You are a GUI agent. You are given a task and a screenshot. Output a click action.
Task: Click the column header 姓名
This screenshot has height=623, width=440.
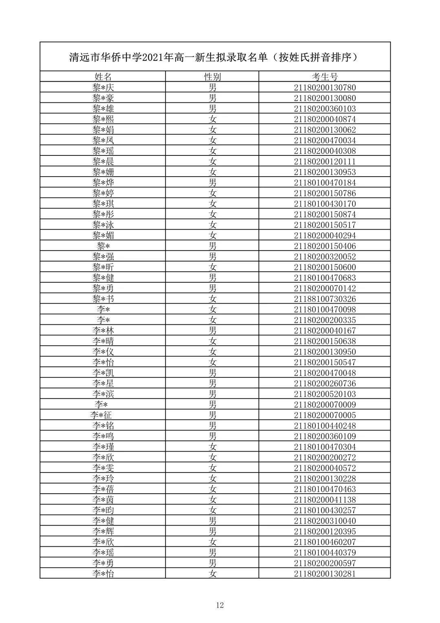point(103,77)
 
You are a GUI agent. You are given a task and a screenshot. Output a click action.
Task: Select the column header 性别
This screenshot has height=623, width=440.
point(212,77)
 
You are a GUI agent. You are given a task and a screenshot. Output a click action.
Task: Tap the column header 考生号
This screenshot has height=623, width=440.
point(325,77)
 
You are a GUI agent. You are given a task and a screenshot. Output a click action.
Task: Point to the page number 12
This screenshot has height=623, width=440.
point(220,605)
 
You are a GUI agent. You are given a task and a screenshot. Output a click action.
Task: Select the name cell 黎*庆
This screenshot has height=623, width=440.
point(103,87)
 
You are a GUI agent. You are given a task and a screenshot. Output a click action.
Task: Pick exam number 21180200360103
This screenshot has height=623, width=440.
point(325,109)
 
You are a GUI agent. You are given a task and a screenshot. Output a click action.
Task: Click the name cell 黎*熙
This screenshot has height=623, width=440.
point(103,119)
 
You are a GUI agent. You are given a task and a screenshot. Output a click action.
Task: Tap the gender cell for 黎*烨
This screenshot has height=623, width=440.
point(212,182)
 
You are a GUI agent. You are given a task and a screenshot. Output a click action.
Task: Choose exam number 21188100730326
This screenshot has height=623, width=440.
point(325,299)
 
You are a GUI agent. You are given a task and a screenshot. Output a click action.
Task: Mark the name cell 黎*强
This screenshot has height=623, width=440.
point(103,257)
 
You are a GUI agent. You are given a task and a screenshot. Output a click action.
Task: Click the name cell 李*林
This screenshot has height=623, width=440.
point(103,330)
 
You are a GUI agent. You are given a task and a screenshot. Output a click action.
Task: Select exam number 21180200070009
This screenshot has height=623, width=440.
point(325,405)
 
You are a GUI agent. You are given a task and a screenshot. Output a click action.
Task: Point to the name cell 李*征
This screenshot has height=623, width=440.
point(101,415)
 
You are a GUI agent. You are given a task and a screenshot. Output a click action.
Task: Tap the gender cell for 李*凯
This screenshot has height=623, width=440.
point(212,373)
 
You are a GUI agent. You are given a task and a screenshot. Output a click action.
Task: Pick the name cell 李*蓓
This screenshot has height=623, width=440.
point(103,489)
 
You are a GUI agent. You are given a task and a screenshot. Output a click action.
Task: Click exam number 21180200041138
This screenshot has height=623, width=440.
point(325,500)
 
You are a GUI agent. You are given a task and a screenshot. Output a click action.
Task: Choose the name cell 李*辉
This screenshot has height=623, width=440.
point(103,531)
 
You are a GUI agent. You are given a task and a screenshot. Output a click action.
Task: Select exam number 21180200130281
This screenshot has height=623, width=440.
point(325,574)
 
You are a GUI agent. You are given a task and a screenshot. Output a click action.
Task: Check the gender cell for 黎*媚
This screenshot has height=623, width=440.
point(212,235)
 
